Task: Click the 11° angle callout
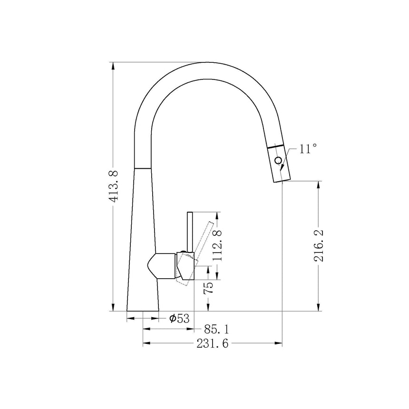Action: pyautogui.click(x=307, y=149)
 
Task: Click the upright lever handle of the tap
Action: pyautogui.click(x=189, y=231)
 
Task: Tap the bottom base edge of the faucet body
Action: pyautogui.click(x=142, y=311)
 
